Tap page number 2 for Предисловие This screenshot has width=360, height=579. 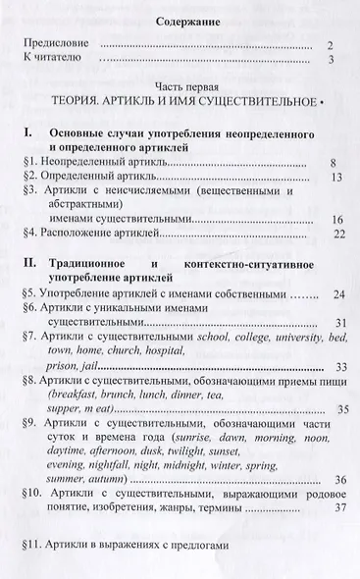[x=332, y=45]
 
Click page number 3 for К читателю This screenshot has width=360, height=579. [x=332, y=62]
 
